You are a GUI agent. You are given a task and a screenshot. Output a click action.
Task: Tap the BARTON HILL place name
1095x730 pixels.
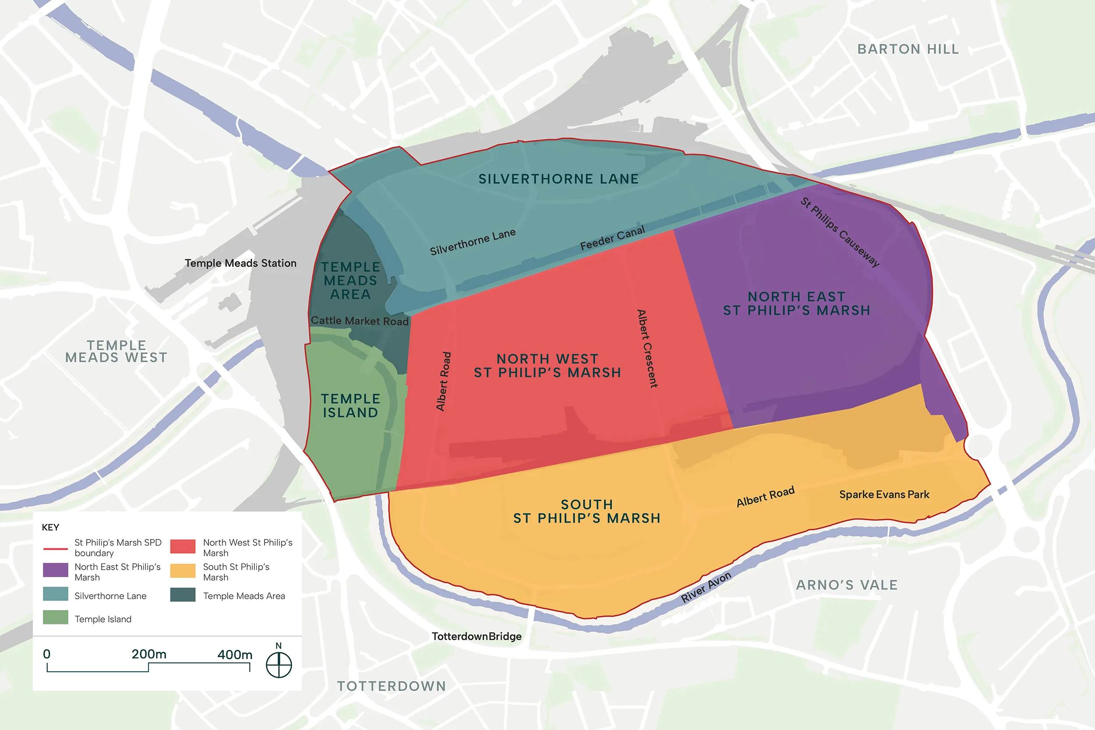click(x=908, y=49)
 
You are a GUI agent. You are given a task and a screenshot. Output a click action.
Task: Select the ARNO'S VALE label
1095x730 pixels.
click(x=846, y=585)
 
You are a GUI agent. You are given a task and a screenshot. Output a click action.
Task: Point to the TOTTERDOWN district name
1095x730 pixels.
click(x=392, y=686)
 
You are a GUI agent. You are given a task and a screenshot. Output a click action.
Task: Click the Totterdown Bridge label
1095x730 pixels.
click(x=476, y=636)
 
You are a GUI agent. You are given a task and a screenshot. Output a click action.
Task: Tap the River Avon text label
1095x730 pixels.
click(x=706, y=587)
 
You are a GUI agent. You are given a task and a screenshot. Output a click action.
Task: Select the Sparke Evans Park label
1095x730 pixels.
click(x=883, y=494)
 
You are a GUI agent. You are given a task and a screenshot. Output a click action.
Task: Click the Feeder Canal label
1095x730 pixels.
click(x=612, y=238)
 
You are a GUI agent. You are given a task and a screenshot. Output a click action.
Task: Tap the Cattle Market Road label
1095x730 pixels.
click(x=360, y=321)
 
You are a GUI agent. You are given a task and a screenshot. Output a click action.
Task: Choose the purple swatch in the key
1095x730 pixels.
click(x=55, y=570)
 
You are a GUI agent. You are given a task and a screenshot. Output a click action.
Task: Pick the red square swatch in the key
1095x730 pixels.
click(x=183, y=546)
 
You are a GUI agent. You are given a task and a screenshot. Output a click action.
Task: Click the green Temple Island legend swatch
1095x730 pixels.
click(x=55, y=617)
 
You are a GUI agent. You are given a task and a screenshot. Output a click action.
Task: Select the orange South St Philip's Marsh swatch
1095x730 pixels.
click(x=183, y=571)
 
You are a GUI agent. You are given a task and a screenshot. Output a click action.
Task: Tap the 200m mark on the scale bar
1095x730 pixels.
click(x=148, y=655)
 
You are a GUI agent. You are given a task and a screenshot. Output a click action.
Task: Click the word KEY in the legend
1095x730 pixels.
click(x=50, y=527)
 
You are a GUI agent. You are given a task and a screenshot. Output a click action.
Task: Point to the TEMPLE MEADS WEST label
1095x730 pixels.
click(x=116, y=352)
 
